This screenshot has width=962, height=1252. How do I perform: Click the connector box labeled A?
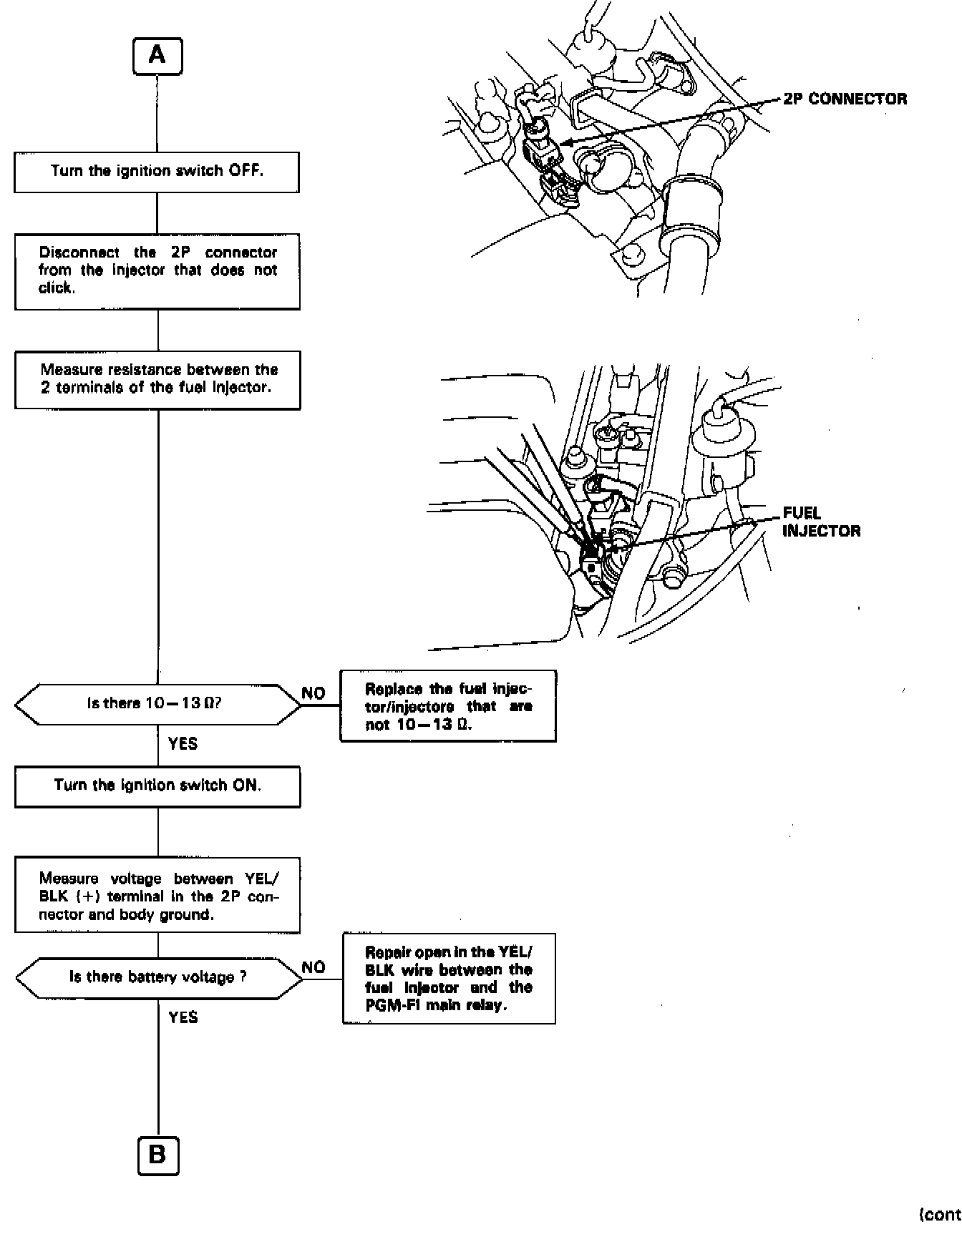157,57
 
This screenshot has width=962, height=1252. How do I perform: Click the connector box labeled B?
157,1155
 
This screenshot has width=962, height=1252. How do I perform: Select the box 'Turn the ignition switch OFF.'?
157,172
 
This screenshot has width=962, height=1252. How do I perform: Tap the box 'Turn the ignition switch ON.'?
157,786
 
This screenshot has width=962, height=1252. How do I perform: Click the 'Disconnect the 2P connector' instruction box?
157,271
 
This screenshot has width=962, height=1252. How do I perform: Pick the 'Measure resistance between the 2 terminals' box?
157,379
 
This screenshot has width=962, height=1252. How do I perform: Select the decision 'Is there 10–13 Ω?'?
157,704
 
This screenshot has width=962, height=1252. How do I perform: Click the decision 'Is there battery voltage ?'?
158,978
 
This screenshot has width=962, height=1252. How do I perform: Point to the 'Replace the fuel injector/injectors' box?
448,706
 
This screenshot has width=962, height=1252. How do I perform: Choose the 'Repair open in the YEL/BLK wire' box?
449,978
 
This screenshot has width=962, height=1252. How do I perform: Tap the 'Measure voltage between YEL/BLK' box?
157,896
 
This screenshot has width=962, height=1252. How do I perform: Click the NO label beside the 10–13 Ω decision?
314,693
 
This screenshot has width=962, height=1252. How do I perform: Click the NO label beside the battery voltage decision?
314,967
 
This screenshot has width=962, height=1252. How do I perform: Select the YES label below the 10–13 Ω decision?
183,744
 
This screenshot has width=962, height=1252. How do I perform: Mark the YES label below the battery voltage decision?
183,1017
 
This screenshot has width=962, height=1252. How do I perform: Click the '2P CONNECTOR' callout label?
845,99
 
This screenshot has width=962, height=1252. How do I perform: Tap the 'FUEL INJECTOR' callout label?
820,522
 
